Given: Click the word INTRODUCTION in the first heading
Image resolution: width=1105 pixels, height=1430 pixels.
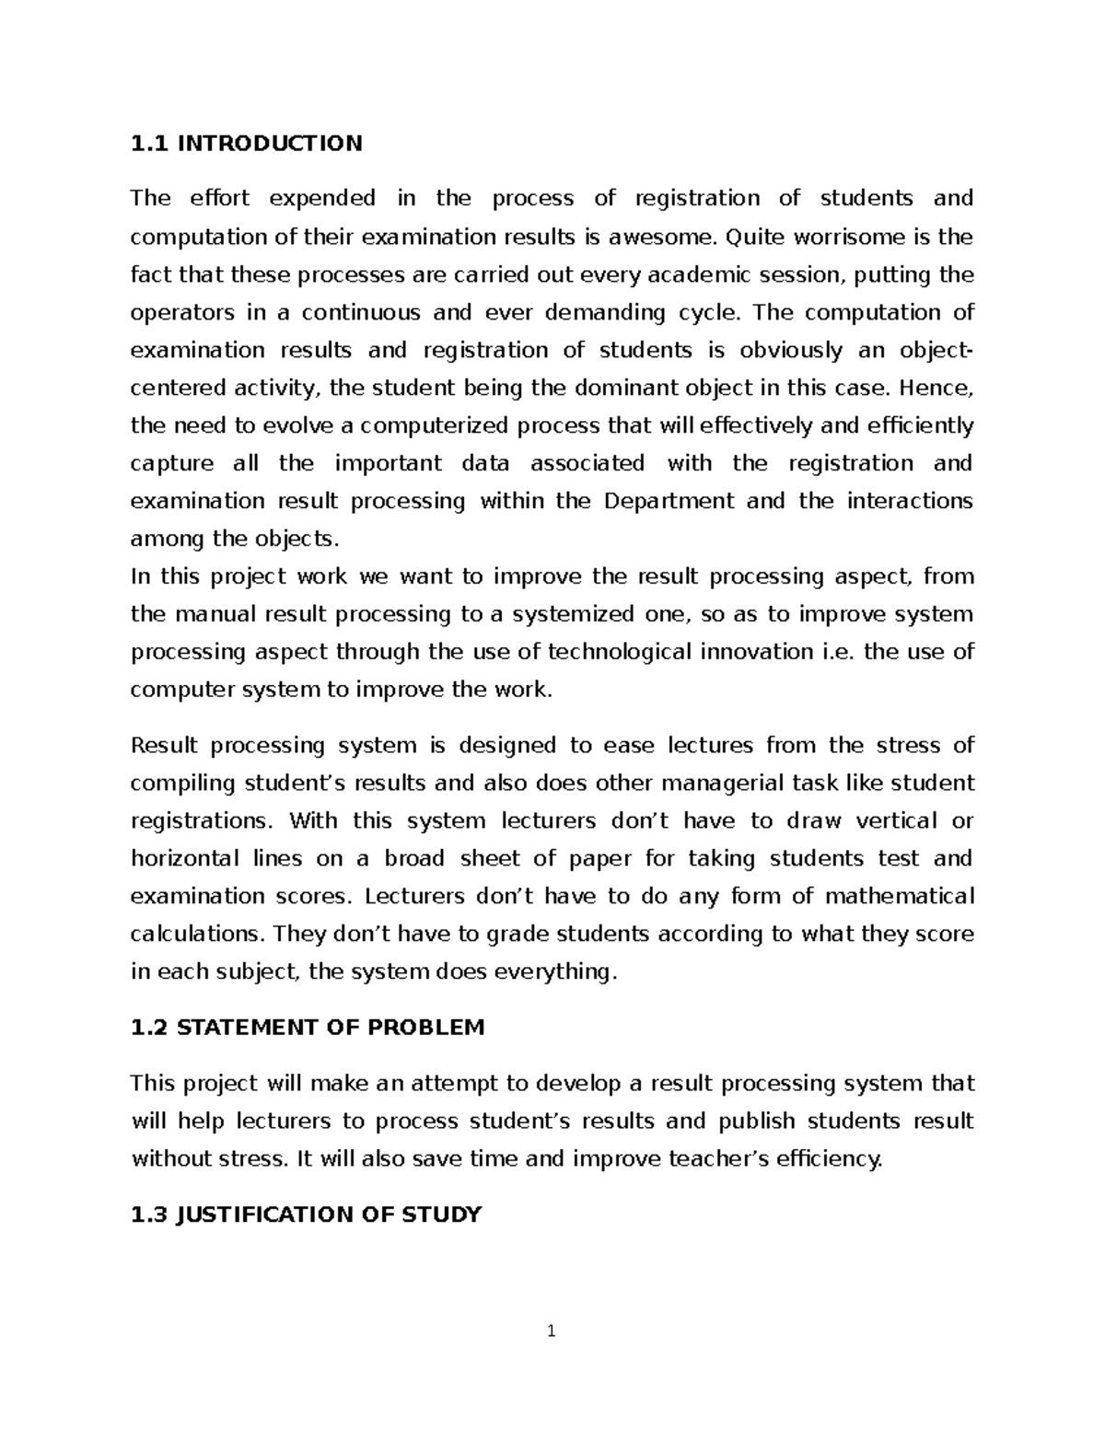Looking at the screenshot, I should (x=270, y=144).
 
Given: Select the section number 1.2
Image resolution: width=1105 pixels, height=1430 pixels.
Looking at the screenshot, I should (x=150, y=1028).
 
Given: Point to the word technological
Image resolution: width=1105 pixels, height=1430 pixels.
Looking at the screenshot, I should (x=621, y=652).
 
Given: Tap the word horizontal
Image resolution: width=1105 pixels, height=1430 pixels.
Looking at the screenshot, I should (x=183, y=859).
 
